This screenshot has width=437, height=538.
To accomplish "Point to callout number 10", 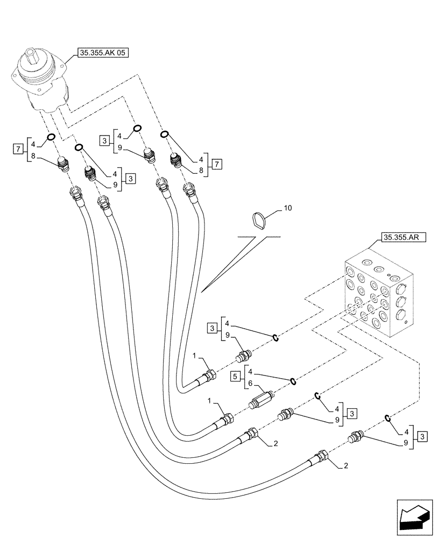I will click(288, 208).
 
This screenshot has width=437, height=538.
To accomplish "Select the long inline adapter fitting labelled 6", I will click(262, 402).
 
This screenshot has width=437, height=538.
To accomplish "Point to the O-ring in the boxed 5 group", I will click(293, 381).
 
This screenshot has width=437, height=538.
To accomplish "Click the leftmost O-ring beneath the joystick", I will click(52, 137).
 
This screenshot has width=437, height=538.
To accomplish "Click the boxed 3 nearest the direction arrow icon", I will click(423, 436).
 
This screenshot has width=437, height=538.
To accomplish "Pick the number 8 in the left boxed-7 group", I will click(33, 156).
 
